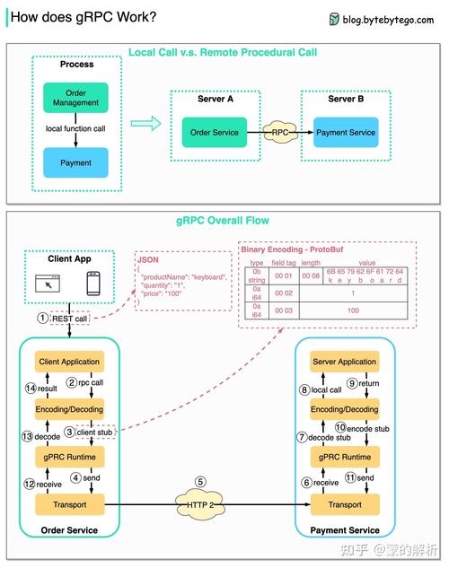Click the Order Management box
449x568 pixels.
coord(75,98)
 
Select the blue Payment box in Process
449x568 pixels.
coord(75,163)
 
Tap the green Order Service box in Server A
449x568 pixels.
coord(214,133)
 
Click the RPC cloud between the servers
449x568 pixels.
coord(279,133)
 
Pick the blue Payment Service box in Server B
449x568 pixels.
coord(346,133)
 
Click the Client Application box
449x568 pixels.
coord(69,362)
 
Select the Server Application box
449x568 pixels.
coord(344,362)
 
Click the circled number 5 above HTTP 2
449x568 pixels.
coord(200,482)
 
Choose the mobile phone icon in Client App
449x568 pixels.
coord(92,284)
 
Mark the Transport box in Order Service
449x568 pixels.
coord(69,504)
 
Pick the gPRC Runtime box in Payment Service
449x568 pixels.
coord(344,457)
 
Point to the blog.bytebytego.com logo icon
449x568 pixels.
coord(334,18)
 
